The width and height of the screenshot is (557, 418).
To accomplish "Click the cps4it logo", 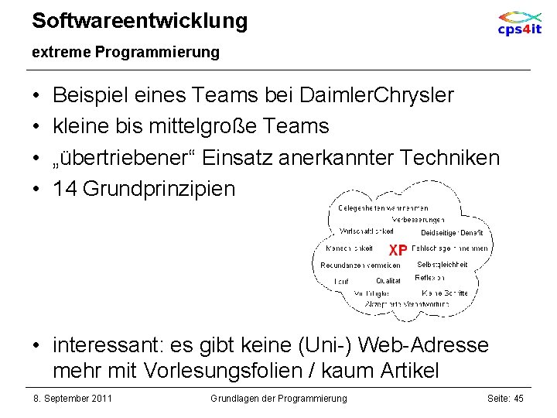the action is click(x=519, y=23).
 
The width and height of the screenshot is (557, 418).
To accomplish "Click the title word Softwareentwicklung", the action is click(x=140, y=21).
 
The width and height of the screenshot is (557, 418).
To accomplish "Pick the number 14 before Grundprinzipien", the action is click(x=64, y=188).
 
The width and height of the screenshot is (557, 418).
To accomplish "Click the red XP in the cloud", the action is click(x=398, y=250).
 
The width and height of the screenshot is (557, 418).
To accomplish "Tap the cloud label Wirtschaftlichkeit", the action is click(x=367, y=231).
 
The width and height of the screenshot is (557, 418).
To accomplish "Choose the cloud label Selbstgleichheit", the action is click(x=443, y=265).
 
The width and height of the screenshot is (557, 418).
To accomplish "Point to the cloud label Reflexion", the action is click(x=429, y=277).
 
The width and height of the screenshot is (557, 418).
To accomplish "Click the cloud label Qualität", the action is click(x=388, y=281).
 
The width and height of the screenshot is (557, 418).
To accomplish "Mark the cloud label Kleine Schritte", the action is click(x=445, y=293).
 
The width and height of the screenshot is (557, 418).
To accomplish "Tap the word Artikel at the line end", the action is click(x=410, y=371).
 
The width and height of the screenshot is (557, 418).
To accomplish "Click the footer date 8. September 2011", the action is click(x=73, y=398).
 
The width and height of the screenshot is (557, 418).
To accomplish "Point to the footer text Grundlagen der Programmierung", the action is click(x=278, y=398).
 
